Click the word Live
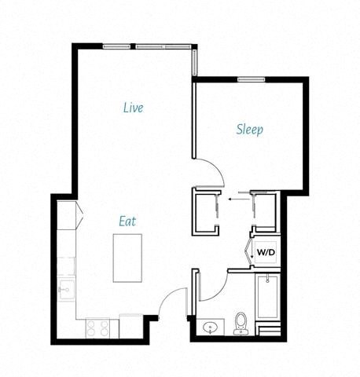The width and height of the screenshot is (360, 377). [133, 107]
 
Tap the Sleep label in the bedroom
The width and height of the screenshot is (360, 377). [249, 130]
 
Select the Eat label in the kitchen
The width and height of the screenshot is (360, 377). [127, 221]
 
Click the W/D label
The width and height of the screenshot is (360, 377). [265, 253]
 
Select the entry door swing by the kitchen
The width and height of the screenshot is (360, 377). [171, 302]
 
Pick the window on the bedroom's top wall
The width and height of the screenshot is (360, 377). [250, 79]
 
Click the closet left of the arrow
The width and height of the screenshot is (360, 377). [206, 210]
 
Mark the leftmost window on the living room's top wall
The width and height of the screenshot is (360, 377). [117, 46]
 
